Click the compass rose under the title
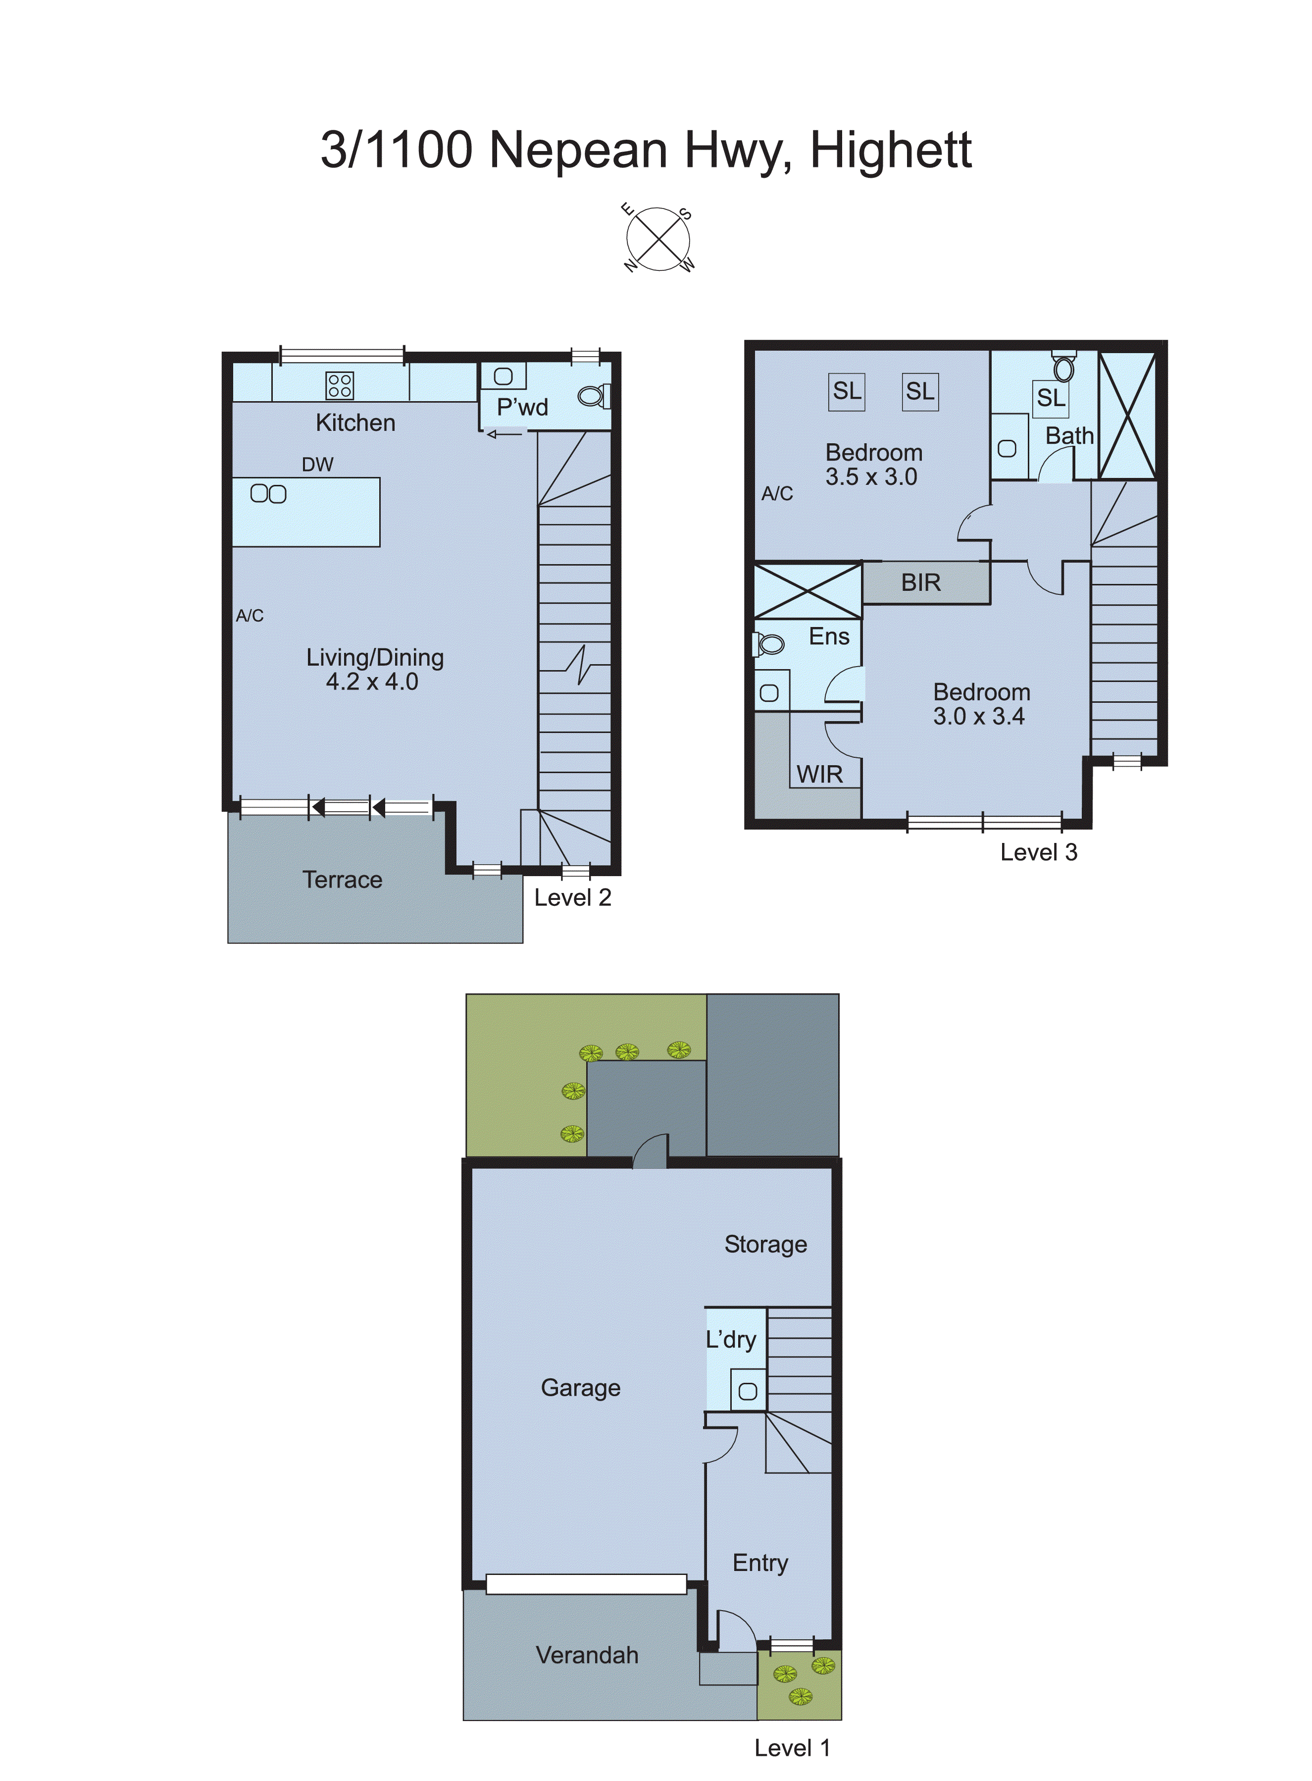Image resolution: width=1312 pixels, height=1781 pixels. [x=657, y=238]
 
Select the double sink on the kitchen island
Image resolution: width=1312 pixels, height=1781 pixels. [x=268, y=494]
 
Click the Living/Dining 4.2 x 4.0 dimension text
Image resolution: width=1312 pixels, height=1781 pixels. [x=372, y=681]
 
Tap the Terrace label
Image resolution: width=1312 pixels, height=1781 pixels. [x=342, y=880]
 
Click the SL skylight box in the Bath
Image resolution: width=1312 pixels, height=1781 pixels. [x=1050, y=397]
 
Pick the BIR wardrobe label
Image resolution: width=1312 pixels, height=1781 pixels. [x=920, y=583]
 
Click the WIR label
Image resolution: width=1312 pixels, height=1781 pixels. [x=819, y=775]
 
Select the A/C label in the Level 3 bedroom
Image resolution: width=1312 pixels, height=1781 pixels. [x=777, y=494]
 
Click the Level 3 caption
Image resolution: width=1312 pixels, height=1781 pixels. [x=1038, y=852]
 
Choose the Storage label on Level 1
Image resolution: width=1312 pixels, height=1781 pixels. [x=765, y=1244]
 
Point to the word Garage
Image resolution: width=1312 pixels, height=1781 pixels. [x=581, y=1388]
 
